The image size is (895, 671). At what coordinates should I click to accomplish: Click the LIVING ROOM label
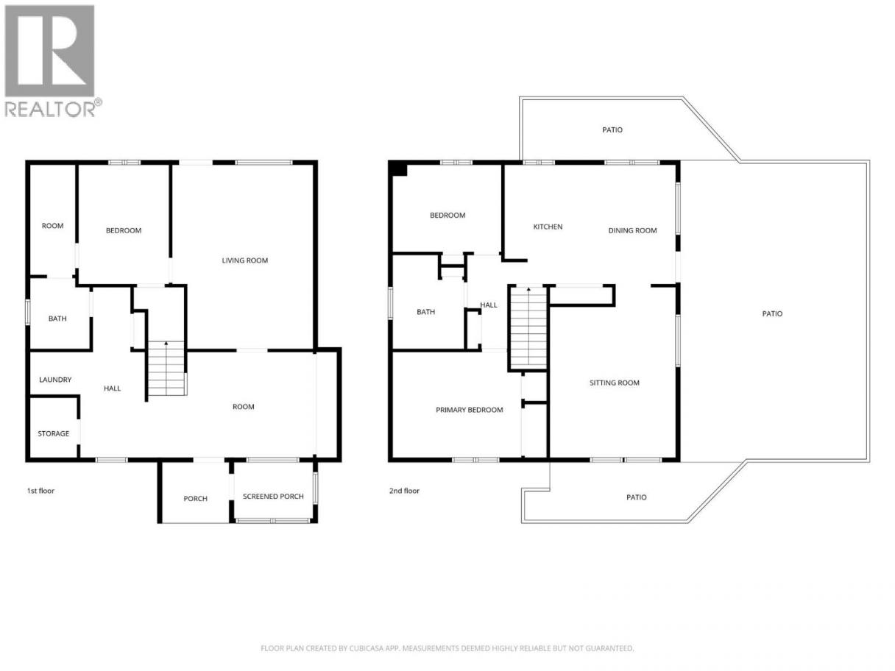[x=244, y=260]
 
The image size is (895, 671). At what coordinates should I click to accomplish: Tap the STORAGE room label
[x=54, y=433]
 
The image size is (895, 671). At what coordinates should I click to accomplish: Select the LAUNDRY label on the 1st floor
[x=55, y=380]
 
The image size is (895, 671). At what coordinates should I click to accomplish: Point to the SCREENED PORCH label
[x=273, y=496]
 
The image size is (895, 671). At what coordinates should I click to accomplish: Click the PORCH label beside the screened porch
[x=195, y=499]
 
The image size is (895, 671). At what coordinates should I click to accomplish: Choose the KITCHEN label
[x=548, y=227]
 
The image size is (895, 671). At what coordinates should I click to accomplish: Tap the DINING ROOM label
[x=632, y=230]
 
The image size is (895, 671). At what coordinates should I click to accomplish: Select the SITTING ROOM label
[x=615, y=383]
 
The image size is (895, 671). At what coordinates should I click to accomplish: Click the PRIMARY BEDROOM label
[x=470, y=410]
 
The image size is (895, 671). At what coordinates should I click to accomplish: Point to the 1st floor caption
[x=40, y=491]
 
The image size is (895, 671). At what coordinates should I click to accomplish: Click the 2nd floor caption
[x=404, y=491]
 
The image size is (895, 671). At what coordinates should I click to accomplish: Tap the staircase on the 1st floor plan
[x=166, y=369]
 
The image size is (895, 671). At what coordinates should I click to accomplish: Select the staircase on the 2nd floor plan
[x=528, y=328]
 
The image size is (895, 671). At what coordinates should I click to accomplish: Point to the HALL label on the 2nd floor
[x=489, y=305]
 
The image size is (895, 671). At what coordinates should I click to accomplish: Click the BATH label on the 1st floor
[x=57, y=319]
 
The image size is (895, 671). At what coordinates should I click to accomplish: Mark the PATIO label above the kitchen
[x=612, y=130]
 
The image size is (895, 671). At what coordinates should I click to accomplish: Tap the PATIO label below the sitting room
[x=637, y=497]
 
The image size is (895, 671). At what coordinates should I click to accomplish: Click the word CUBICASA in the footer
[x=367, y=648]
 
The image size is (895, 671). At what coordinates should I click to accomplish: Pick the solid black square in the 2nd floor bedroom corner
[x=398, y=168]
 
